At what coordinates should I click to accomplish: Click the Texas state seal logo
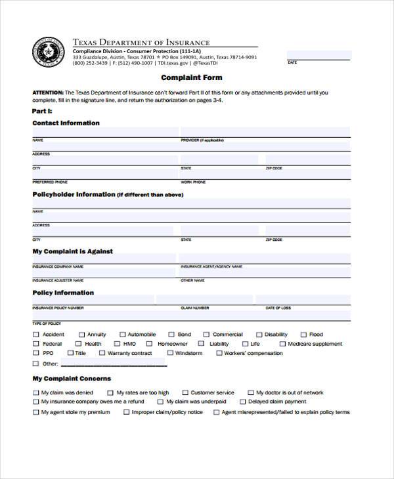pyautogui.click(x=45, y=52)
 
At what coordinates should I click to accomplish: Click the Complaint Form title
pyautogui.click(x=192, y=77)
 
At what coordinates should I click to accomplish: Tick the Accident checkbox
pyautogui.click(x=35, y=335)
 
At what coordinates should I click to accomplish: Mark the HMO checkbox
pyautogui.click(x=117, y=344)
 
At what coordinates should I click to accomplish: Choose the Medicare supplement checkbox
pyautogui.click(x=282, y=344)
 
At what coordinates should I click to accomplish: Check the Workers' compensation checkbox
pyautogui.click(x=217, y=353)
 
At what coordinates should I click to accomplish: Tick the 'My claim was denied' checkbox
pyautogui.click(x=35, y=393)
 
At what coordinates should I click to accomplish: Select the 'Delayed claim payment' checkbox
pyautogui.click(x=242, y=402)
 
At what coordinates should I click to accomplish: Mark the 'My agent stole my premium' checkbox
pyautogui.click(x=35, y=413)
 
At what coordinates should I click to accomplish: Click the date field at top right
pyautogui.click(x=318, y=55)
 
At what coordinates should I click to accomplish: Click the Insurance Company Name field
pyautogui.click(x=104, y=260)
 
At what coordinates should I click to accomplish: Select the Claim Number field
pyautogui.click(x=221, y=301)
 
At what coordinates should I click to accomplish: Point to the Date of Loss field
pyautogui.click(x=306, y=301)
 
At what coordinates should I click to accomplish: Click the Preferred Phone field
pyautogui.click(x=104, y=174)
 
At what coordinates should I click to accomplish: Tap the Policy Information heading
pyautogui.click(x=63, y=293)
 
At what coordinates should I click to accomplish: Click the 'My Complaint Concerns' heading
pyautogui.click(x=72, y=379)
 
